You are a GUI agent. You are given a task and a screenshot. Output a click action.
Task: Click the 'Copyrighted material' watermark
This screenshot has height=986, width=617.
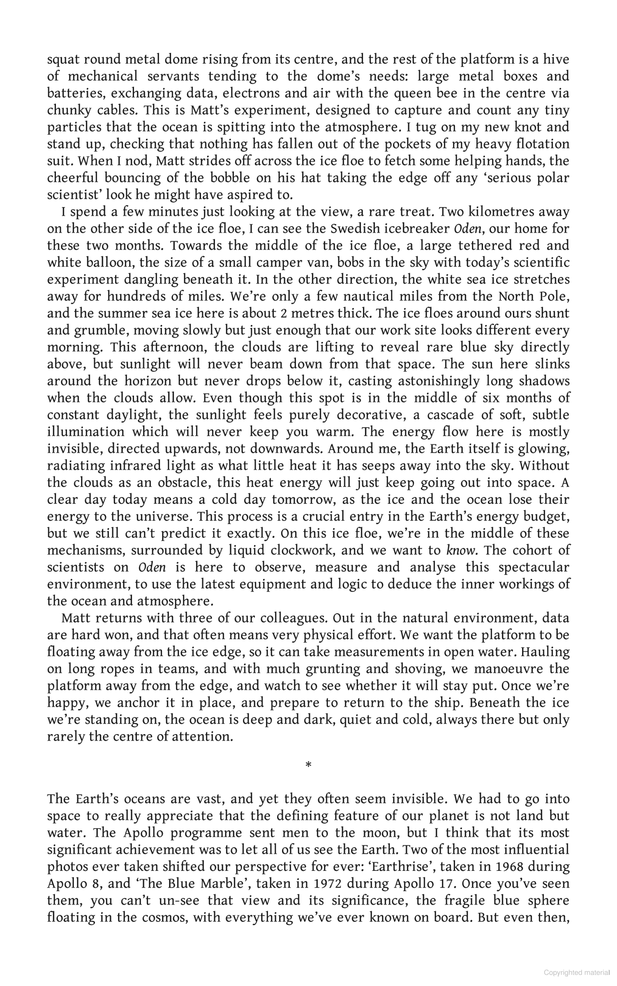click(577, 973)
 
